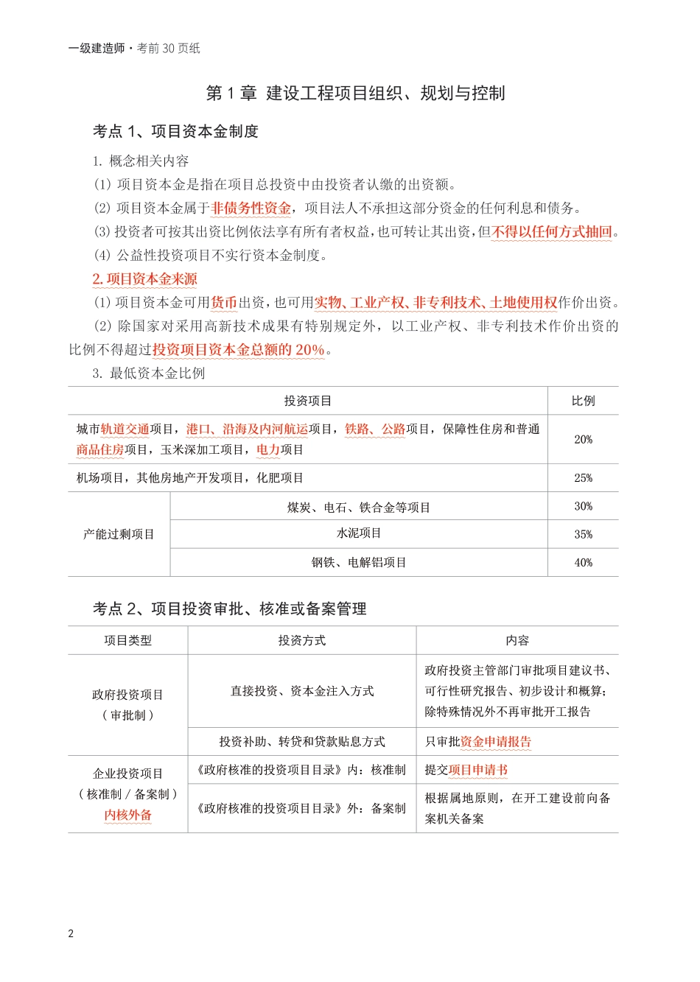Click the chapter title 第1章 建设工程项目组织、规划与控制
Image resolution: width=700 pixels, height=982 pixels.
point(355,94)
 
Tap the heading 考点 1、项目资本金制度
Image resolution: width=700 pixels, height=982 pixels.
point(175,132)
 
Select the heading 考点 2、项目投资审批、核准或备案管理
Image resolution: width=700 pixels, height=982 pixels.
point(229,609)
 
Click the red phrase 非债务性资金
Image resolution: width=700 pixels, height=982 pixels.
point(251,208)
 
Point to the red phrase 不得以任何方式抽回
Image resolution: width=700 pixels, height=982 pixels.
point(552,232)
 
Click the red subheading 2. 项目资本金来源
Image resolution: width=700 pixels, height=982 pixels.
point(144,279)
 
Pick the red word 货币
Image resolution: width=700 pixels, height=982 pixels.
point(224,303)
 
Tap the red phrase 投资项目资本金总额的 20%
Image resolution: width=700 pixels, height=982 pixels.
point(238,350)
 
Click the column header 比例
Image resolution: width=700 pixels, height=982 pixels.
point(583,401)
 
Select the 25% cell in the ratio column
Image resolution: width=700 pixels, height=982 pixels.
point(583,478)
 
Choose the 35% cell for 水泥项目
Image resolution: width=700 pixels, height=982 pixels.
point(583,534)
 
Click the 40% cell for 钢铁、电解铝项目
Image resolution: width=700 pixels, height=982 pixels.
point(583,563)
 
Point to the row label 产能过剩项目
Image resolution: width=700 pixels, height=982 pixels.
point(119,534)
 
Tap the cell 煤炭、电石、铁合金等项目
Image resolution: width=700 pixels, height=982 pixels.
point(359,508)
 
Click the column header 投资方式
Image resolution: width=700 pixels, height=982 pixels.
point(301,641)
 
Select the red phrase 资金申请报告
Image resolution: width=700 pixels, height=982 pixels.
point(495,742)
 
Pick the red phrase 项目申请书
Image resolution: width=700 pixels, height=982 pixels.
point(477,770)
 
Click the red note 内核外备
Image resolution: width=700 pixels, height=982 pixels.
point(127,815)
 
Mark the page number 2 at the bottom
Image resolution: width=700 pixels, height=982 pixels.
point(71,934)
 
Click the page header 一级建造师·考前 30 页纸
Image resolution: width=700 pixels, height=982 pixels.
point(134,49)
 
